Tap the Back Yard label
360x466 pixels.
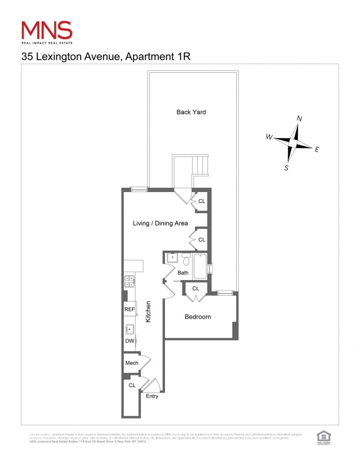pyautogui.click(x=191, y=112)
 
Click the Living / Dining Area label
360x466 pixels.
pyautogui.click(x=160, y=223)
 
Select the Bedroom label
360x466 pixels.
pyautogui.click(x=198, y=317)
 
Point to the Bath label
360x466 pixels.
pyautogui.click(x=183, y=273)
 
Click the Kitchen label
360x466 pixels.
pyautogui.click(x=148, y=312)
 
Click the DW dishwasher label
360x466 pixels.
pyautogui.click(x=129, y=341)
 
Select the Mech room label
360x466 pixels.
pyautogui.click(x=132, y=363)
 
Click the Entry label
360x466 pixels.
pyautogui.click(x=152, y=396)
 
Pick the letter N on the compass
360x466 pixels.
pyautogui.click(x=299, y=118)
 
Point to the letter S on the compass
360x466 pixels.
pyautogui.click(x=286, y=167)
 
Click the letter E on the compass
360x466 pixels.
pyautogui.click(x=317, y=149)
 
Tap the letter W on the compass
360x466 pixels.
pyautogui.click(x=269, y=137)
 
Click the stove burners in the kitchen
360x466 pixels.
pyautogui.click(x=129, y=281)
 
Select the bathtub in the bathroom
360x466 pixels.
pyautogui.click(x=200, y=268)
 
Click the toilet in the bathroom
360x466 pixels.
pyautogui.click(x=186, y=260)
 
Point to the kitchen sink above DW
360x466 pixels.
pyautogui.click(x=130, y=329)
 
